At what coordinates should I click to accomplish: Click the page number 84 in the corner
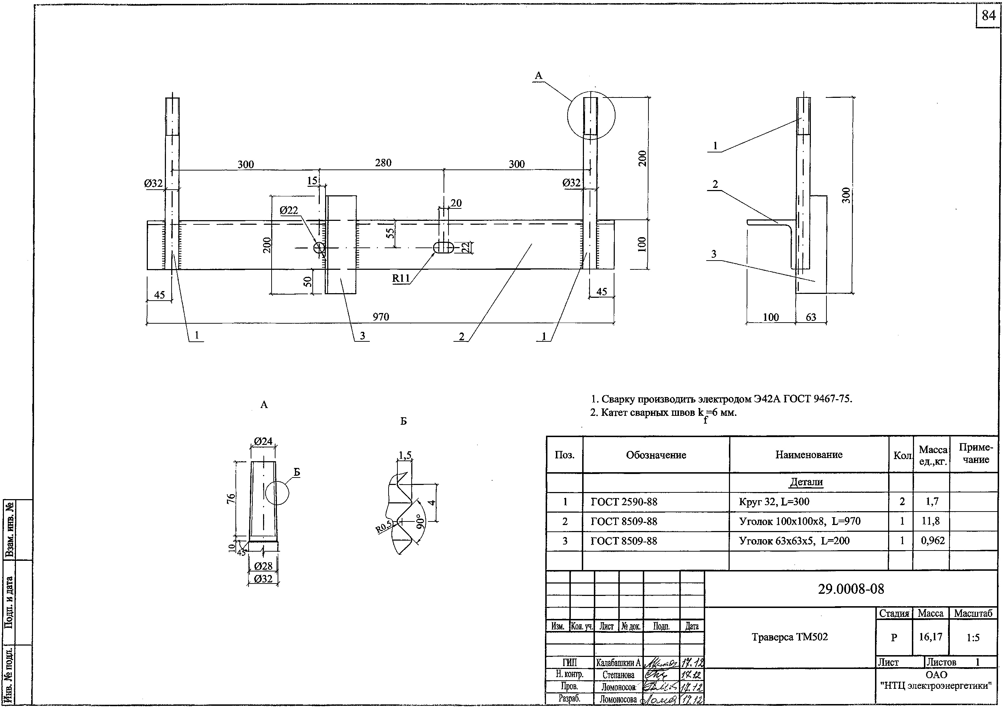988,16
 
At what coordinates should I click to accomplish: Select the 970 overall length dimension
380,317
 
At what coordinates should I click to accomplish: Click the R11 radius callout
401,278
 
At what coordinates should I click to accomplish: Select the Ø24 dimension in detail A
263,441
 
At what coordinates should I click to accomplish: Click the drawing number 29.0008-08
851,589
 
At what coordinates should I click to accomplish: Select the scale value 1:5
973,637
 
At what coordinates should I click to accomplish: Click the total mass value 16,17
930,637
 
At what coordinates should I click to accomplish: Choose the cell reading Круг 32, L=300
774,502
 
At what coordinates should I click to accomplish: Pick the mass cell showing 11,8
932,521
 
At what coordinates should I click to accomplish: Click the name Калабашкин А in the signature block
618,663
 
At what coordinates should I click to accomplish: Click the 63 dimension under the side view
811,317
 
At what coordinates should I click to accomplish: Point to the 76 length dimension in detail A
231,498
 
